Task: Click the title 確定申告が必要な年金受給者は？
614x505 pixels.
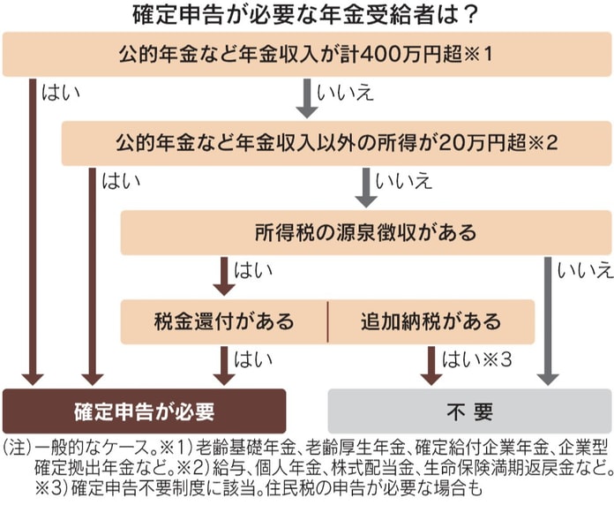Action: click(306, 15)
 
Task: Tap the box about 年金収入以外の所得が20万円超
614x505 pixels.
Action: click(335, 142)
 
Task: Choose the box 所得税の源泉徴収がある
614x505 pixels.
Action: click(365, 233)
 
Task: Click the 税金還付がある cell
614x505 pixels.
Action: click(224, 320)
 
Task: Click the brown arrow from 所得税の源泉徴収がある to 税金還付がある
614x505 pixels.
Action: click(224, 276)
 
